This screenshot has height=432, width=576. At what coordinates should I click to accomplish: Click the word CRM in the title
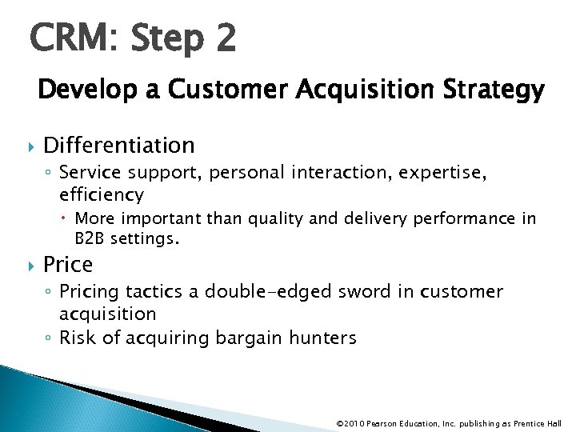[x=69, y=38]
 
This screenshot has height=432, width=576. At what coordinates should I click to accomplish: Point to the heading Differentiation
[x=119, y=145]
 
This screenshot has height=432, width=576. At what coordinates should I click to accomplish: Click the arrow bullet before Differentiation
[x=31, y=146]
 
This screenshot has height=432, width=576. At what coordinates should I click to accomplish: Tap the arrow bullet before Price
[x=31, y=265]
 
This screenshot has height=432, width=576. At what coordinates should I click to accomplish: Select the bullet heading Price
[x=68, y=264]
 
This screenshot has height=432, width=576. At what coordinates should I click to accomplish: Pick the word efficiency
[x=101, y=194]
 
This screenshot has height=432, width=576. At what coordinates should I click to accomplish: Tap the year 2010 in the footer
[x=354, y=423]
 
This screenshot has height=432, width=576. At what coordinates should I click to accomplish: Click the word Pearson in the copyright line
[x=383, y=423]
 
